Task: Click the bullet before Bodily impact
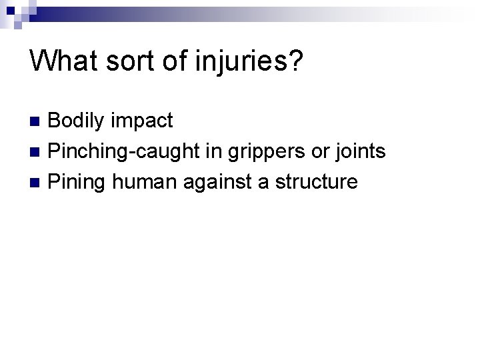pos(37,121)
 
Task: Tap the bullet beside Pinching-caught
pos(37,152)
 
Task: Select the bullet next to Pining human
pos(37,181)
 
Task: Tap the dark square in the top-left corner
pos(5,5)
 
